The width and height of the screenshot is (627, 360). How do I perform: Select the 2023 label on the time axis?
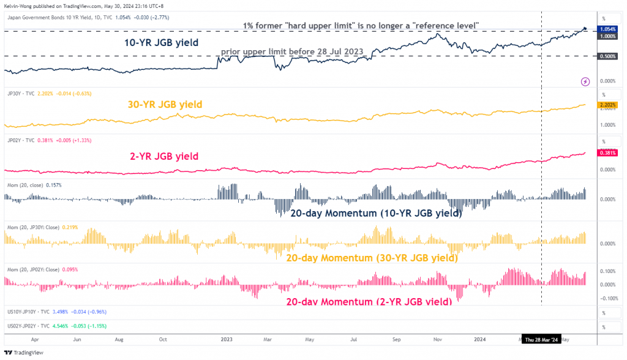coord(227,339)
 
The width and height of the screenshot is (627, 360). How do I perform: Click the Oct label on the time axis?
coord(163,339)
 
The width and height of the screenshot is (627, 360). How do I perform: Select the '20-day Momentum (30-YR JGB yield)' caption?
coord(372,258)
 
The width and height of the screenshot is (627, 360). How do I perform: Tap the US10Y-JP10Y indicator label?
coord(24,312)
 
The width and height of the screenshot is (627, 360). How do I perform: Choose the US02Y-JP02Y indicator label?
coord(24,325)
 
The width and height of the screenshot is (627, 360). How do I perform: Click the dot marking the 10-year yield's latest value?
coord(585,28)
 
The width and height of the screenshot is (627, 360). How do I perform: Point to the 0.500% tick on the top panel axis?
coord(609,56)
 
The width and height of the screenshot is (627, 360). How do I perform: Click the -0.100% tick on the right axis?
coord(609,298)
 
